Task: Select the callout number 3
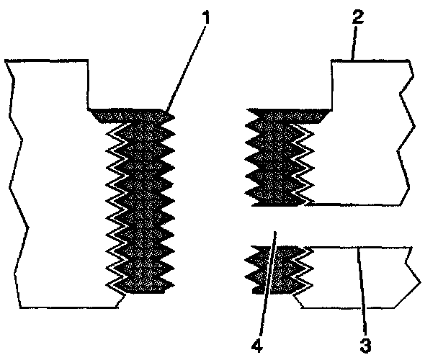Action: pyautogui.click(x=365, y=345)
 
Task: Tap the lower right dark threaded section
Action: pyautogui.click(x=277, y=270)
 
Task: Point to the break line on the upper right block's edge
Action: pyautogui.click(x=405, y=130)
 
